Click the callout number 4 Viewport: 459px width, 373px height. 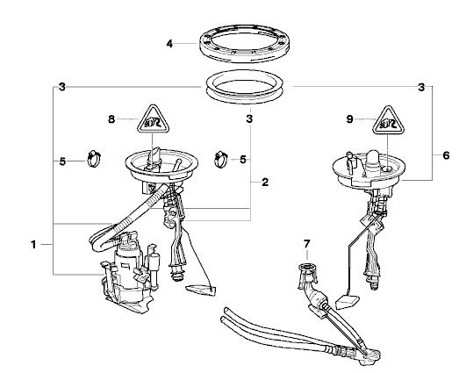pyautogui.click(x=169, y=44)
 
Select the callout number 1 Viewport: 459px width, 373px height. pyautogui.click(x=33, y=245)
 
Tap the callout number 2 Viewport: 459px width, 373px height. pyautogui.click(x=265, y=183)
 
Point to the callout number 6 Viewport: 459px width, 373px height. pyautogui.click(x=446, y=155)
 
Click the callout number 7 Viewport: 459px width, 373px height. pyautogui.click(x=306, y=244)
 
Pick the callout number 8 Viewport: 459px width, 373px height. pyautogui.click(x=111, y=119)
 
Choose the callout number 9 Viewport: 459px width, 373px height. pyautogui.click(x=350, y=119)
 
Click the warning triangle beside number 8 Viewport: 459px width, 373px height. pyautogui.click(x=153, y=120)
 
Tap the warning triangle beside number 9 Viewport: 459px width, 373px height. pyautogui.click(x=389, y=121)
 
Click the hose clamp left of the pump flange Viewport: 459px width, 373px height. pyautogui.click(x=94, y=158)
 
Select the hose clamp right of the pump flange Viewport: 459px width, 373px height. pyautogui.click(x=221, y=160)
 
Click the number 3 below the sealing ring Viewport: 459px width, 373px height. pyautogui.click(x=249, y=119)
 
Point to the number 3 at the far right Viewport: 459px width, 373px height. pyautogui.click(x=421, y=87)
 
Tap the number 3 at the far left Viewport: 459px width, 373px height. pyautogui.click(x=62, y=87)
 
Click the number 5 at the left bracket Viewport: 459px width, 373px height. pyautogui.click(x=62, y=161)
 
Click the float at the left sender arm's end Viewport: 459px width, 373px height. pyautogui.click(x=200, y=290)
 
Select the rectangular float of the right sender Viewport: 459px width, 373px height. pyautogui.click(x=348, y=302)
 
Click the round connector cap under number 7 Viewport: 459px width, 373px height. pyautogui.click(x=307, y=268)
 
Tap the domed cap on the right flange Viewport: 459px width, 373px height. pyautogui.click(x=373, y=160)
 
